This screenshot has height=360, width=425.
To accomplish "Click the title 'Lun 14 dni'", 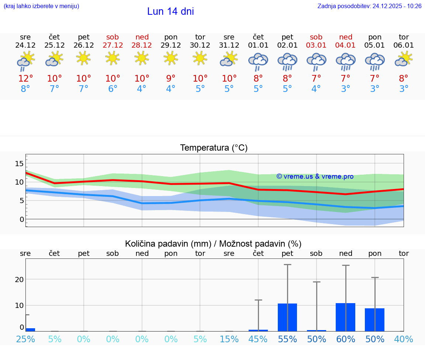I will tap(170, 11).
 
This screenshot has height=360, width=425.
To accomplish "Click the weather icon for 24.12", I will tap(25, 61).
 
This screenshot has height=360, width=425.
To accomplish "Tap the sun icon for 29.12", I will tap(171, 58).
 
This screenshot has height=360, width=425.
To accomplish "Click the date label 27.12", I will tap(113, 45).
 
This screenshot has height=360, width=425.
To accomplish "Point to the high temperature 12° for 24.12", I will tap(25, 79).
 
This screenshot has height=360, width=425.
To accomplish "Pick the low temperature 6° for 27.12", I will tap(113, 89).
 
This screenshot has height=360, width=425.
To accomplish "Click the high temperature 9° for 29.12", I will tap(171, 79).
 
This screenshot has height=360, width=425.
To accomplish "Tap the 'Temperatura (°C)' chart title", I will tap(214, 148).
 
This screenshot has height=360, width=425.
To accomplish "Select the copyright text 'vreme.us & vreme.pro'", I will tap(315, 176).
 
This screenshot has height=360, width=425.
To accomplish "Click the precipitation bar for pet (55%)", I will tap(287, 317).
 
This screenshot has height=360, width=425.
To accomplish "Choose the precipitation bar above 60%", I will tap(345, 317).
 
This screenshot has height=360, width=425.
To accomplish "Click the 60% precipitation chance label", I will tap(346, 339).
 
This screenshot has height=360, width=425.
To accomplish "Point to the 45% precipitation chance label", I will tap(258, 339).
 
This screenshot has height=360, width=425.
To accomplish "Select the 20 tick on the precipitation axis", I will tap(20, 280).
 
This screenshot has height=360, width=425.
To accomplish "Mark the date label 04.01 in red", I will tap(346, 45).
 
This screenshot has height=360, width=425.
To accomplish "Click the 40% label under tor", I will tap(404, 339).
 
